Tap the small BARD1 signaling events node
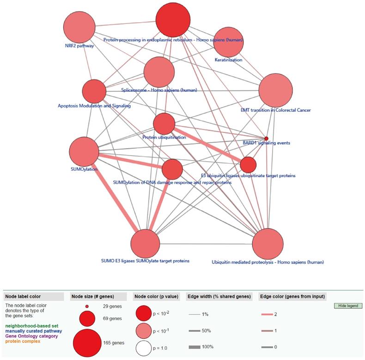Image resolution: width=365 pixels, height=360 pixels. point(266,138)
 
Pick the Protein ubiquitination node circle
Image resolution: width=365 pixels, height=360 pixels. point(164,124)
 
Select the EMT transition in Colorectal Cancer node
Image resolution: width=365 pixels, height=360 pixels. point(276,91)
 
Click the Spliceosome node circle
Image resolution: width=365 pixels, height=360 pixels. point(159,72)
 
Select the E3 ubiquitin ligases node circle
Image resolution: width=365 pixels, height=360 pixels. point(248,164)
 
